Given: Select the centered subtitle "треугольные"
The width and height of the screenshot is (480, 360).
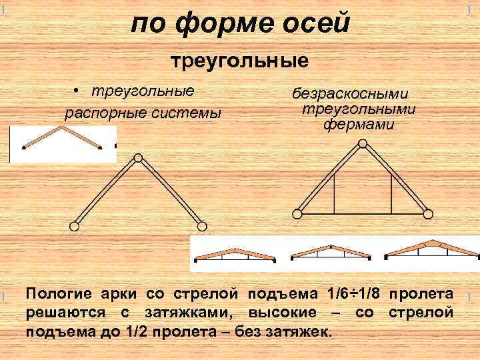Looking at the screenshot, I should click(x=241, y=62).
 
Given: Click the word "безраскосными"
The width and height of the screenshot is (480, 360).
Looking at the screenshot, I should click(x=351, y=95).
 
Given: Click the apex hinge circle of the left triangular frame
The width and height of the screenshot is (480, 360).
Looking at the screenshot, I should click(x=137, y=158).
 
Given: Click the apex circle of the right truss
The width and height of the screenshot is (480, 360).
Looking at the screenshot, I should click(x=363, y=143).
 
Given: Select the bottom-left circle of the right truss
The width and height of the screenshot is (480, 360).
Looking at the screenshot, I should click(x=297, y=214).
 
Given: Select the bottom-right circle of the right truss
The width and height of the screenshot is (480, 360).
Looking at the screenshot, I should click(x=428, y=214).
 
